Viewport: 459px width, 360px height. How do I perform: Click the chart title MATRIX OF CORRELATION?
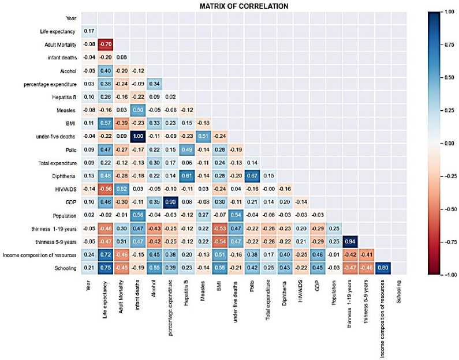point(244,6)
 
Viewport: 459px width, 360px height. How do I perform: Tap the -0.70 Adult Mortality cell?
point(105,43)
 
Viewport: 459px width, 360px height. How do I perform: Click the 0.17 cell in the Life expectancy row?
point(88,30)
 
